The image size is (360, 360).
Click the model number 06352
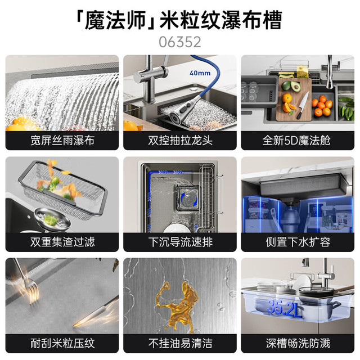pos(180,42)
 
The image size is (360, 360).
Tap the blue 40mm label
pos(200,73)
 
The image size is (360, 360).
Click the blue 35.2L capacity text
pos(283,308)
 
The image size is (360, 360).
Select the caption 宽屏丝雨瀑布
pos(62,140)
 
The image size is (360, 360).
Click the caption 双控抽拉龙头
pos(180,140)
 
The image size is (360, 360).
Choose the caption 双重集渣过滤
pos(62,242)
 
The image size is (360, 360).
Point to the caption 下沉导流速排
pos(180,242)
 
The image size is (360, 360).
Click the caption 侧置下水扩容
pos(298,242)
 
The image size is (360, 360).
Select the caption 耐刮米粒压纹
pos(62,344)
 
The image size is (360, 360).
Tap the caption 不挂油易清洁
pos(180,344)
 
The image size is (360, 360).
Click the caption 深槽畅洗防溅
pos(298,344)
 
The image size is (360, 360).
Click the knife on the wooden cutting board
pos(302,106)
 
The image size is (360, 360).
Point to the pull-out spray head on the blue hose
pos(184,108)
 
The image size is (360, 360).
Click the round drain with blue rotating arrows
pos(189,199)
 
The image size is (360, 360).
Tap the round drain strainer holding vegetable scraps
pos(52,219)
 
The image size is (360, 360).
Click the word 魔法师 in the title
pos(115,21)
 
